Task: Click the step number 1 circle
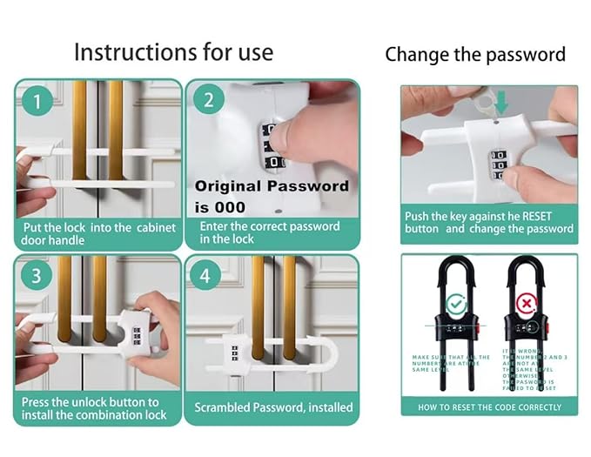point(36,102)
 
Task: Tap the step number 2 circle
point(208,99)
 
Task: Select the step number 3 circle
point(36,277)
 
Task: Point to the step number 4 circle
point(205,277)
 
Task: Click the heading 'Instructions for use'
point(173,51)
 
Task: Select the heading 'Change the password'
point(474,54)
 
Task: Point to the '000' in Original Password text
point(232,207)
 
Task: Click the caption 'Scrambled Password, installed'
point(273,407)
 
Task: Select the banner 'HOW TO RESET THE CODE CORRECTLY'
point(489,407)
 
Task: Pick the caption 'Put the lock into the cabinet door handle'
point(98,234)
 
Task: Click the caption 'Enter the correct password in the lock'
point(270,232)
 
